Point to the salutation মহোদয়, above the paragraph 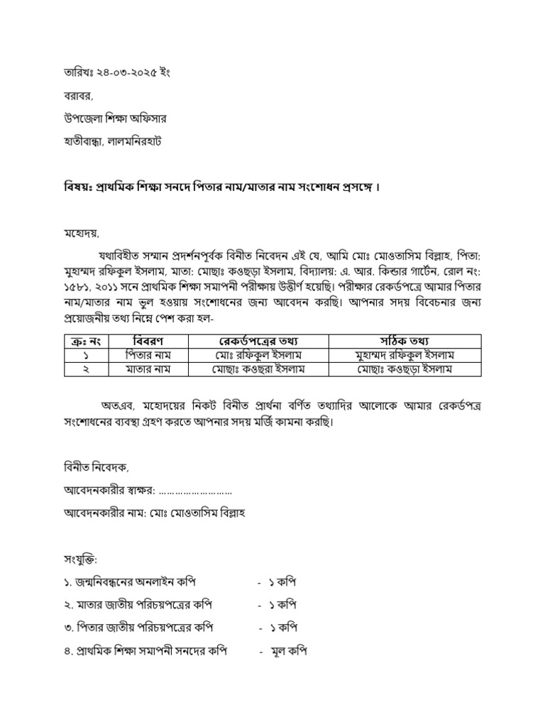pos(77,232)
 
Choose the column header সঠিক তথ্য pos(405,341)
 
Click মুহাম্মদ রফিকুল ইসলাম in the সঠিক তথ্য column pos(405,355)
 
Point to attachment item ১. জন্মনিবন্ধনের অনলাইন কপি pos(129,582)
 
